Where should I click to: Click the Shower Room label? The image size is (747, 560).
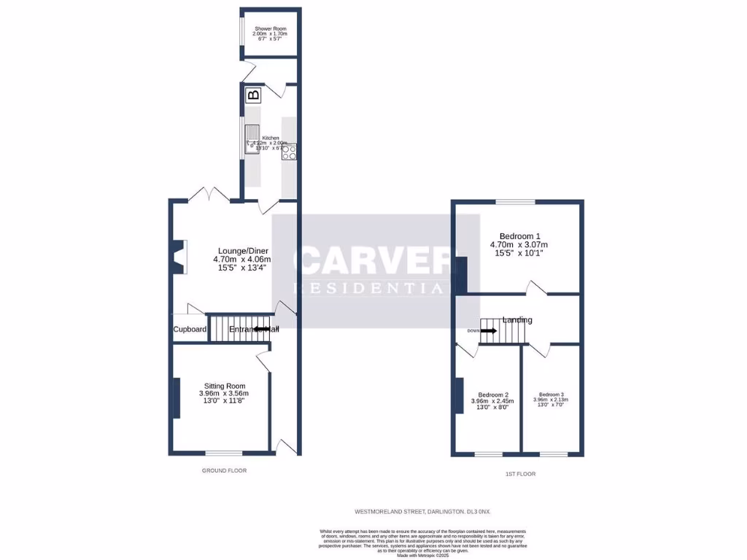[x=269, y=33]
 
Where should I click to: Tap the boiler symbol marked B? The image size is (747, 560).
[x=253, y=95]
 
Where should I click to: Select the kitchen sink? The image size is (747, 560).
[x=252, y=139]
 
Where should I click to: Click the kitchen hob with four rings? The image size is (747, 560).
[x=289, y=152]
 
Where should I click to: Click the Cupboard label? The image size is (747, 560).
[x=190, y=330]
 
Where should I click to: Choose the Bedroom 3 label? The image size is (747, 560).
[x=551, y=400]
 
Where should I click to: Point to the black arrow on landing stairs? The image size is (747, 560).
[x=489, y=330]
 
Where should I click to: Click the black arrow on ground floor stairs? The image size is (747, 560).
[x=261, y=330]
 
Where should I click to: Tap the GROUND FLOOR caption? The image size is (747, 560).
[x=224, y=471]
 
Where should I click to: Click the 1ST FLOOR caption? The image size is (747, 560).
[x=520, y=474]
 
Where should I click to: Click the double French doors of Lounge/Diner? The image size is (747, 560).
[x=209, y=195]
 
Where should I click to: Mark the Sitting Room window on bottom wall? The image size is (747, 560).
[x=223, y=453]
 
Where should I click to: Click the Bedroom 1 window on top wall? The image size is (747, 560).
[x=515, y=202]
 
